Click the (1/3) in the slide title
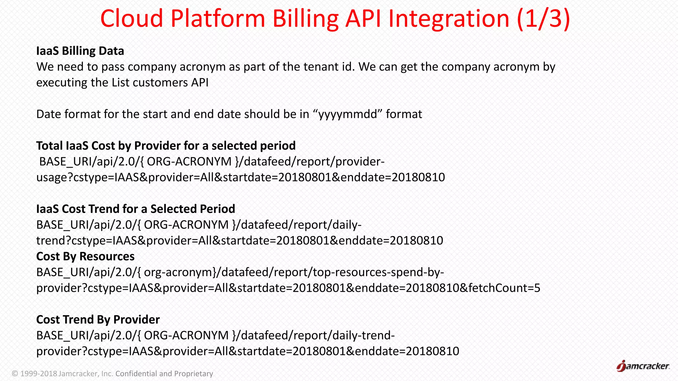[x=543, y=19]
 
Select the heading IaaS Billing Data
[x=80, y=51]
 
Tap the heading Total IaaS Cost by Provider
[x=166, y=146]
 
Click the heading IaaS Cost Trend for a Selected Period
[x=135, y=209]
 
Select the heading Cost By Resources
[x=85, y=257]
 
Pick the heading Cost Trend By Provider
[x=98, y=320]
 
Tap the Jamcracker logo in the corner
[x=643, y=366]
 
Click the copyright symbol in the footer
[x=15, y=374]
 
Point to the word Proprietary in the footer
[x=193, y=374]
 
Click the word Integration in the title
[x=449, y=19]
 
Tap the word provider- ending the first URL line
[x=360, y=162]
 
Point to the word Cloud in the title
[x=132, y=19]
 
